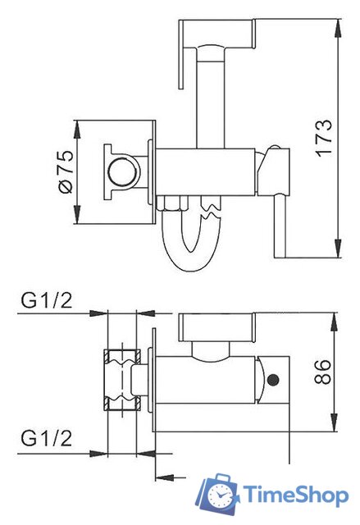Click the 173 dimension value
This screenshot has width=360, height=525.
pyautogui.click(x=324, y=138)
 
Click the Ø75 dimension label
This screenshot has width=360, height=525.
pyautogui.click(x=66, y=171)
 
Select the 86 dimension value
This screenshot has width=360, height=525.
pyautogui.click(x=323, y=372)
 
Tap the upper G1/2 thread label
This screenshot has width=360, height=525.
pyautogui.click(x=47, y=300)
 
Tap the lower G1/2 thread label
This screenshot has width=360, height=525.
pyautogui.click(x=47, y=438)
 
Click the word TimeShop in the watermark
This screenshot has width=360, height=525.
pyautogui.click(x=295, y=495)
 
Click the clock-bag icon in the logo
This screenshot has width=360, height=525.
pyautogui.click(x=217, y=495)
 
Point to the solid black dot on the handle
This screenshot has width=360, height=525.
pyautogui.click(x=274, y=380)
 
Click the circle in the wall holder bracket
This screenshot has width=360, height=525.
pyautogui.click(x=122, y=171)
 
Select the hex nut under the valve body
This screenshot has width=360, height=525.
pyautogui.click(x=172, y=203)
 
